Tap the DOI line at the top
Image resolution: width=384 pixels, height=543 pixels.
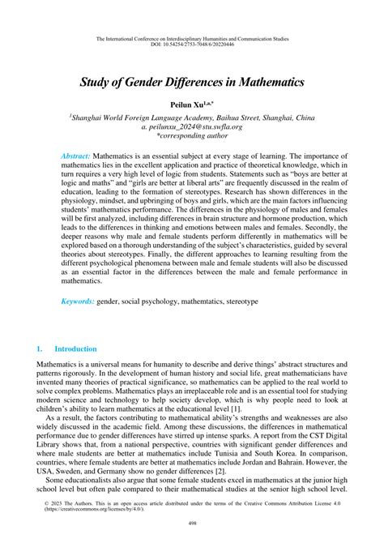192,45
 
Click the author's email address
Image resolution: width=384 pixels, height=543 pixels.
192,127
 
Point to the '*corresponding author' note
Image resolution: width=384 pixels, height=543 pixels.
192,137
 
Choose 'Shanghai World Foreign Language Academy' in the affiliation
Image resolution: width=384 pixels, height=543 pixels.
150,118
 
